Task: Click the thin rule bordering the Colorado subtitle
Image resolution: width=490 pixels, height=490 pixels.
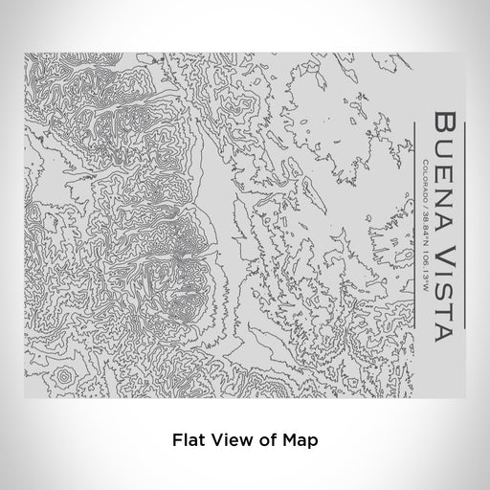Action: (414, 219)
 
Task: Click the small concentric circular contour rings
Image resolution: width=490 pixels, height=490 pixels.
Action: (63, 379)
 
